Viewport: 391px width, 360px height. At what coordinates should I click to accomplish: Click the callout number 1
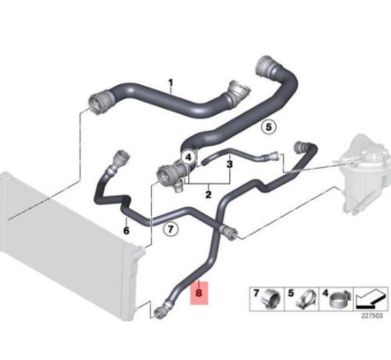pos(170,83)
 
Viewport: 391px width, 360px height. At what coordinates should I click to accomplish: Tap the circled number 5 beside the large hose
pos(269,127)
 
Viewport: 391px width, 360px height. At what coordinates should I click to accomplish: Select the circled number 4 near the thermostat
pos(188,157)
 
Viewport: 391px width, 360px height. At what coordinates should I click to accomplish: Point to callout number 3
pos(229,164)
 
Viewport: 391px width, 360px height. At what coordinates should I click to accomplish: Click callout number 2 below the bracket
pos(208,194)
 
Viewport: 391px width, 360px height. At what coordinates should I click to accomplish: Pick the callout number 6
pos(127,231)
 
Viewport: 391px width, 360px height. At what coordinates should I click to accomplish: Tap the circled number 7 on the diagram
pos(170,228)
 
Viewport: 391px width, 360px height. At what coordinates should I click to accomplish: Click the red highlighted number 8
pos(199,293)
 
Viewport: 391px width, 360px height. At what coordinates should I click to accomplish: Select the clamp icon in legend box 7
pos(271,299)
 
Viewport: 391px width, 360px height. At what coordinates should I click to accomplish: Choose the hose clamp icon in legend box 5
pos(306,299)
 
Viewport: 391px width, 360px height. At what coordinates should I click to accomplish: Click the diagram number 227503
pos(372,316)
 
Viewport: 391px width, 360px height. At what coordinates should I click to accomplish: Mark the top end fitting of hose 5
pos(266,65)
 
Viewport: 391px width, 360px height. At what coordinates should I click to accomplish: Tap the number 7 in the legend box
pos(257,293)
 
